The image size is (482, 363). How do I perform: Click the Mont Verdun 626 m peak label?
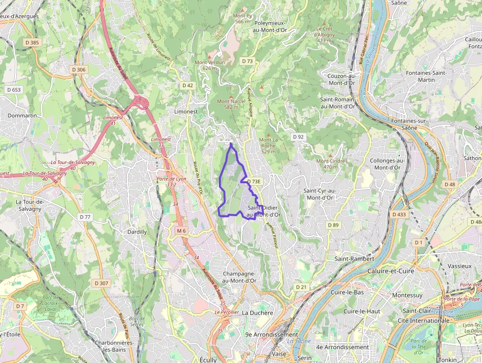tap(210, 65)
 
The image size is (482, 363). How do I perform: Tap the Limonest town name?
tap(186, 112)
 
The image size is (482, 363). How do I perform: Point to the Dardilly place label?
tap(137, 232)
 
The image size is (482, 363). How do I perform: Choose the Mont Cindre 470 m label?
tap(331, 164)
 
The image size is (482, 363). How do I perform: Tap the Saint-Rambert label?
tap(354, 259)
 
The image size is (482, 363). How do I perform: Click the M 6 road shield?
tap(181, 231)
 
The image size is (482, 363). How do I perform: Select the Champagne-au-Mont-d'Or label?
tap(240, 277)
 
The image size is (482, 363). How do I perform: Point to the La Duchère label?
tap(257, 313)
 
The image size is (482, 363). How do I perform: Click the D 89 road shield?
tap(333, 225)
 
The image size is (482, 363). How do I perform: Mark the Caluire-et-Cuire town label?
tap(391, 271)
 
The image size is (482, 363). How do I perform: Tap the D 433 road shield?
tap(399, 214)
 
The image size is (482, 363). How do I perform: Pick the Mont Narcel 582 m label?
tap(231, 104)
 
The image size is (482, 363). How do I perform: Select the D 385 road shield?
tap(31, 43)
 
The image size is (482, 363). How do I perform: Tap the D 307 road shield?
tap(101, 283)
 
